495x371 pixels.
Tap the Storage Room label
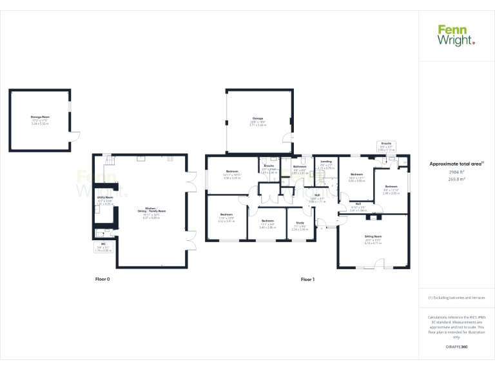[x=41, y=119]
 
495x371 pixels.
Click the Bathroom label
[x=300, y=169]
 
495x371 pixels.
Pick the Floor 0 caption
[x=103, y=280]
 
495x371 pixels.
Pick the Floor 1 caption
[x=307, y=280]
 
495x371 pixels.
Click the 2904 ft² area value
[x=456, y=173]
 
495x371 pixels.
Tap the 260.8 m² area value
[x=456, y=180]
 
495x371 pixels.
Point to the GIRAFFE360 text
[x=456, y=347]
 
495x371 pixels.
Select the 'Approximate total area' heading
[x=456, y=164]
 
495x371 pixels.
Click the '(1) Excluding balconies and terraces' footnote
[x=456, y=298]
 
